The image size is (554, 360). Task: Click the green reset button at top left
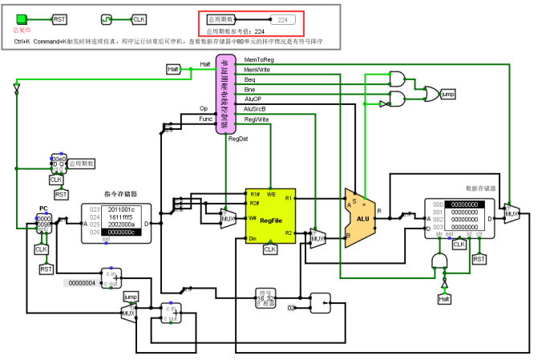coord(22,18)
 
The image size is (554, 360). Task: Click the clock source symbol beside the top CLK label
coord(107,18)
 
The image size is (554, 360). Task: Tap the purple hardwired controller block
coord(225,95)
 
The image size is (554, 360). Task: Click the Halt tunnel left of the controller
coord(174,70)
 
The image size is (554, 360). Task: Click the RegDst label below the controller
coord(237,139)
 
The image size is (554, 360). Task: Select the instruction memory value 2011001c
coord(122,208)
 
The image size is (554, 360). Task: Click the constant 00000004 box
coord(82,282)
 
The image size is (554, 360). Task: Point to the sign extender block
coord(265,297)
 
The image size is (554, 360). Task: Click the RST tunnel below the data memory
coord(479,259)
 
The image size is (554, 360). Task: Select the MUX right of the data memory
coord(511,213)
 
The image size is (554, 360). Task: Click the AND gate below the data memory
coord(439,261)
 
